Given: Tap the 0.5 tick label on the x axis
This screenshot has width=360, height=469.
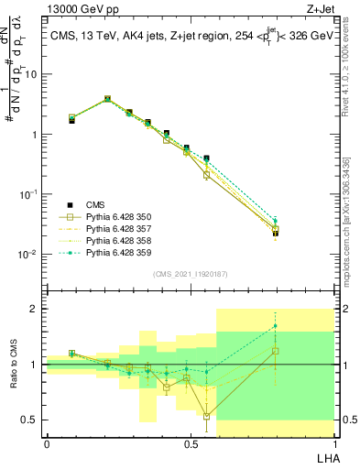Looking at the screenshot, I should pyautogui.click(x=190, y=443).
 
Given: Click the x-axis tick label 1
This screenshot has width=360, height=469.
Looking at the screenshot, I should pyautogui.click(x=333, y=443).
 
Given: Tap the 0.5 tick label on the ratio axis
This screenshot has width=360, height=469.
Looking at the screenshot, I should pyautogui.click(x=31, y=420).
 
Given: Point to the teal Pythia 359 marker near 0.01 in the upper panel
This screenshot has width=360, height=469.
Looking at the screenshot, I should pyautogui.click(x=276, y=220).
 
